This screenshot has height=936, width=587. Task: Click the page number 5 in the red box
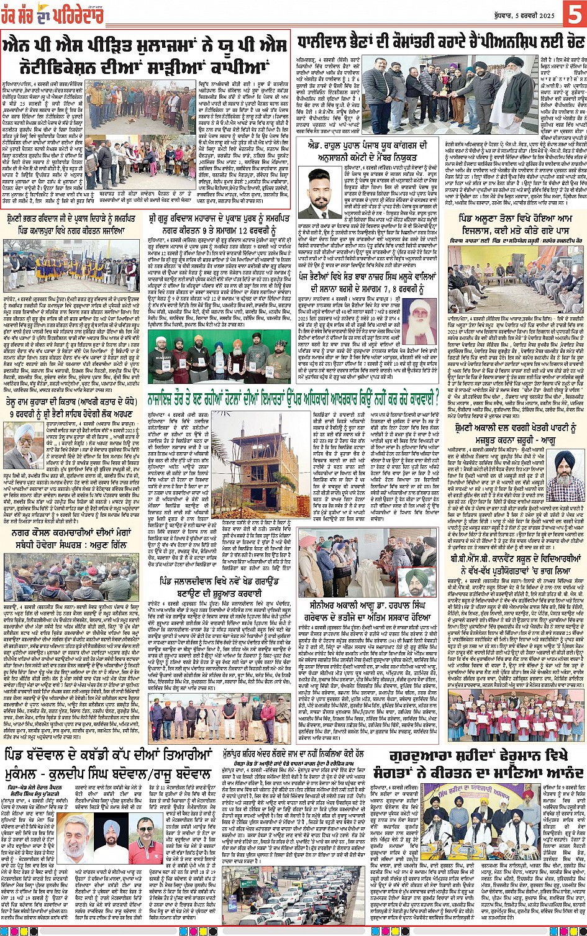(571, 13)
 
